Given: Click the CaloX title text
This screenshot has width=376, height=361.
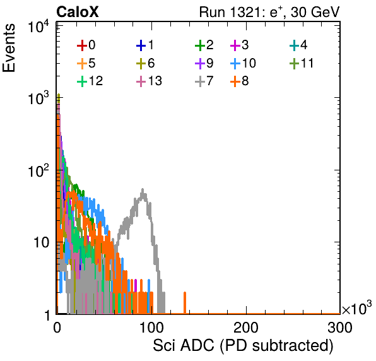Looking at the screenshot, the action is [78, 12].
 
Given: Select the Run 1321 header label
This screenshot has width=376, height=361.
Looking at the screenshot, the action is [269, 12].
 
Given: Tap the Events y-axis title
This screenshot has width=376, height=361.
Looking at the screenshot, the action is [9, 48].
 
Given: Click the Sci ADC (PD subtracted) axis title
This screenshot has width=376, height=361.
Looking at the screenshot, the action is [243, 346].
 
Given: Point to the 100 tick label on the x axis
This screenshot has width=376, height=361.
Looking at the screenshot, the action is [151, 328].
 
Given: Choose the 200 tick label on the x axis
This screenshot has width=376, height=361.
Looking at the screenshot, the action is [246, 328].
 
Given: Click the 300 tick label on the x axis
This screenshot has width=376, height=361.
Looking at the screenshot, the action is [340, 328].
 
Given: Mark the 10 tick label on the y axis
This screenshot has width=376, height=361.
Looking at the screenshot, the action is [42, 242].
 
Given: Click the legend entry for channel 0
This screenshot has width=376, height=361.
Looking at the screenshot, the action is [86, 45].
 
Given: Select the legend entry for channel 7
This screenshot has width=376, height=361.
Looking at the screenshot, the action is [204, 81].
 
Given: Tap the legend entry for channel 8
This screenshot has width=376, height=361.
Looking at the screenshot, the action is [239, 81].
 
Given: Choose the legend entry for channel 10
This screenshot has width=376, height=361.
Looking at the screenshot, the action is [243, 63].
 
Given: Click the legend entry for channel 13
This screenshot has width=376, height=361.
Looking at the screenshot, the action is [149, 81].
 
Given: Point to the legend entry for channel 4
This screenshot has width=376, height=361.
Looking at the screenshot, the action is [298, 45].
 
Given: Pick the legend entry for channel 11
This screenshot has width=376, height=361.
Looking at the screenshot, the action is [302, 63].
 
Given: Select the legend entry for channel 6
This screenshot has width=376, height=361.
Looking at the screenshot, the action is [145, 63].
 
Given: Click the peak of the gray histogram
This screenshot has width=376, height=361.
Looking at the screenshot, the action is [143, 189].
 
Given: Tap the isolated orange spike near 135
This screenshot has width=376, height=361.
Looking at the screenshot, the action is [185, 302].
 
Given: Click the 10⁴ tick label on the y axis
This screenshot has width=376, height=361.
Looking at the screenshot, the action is [38, 27].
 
